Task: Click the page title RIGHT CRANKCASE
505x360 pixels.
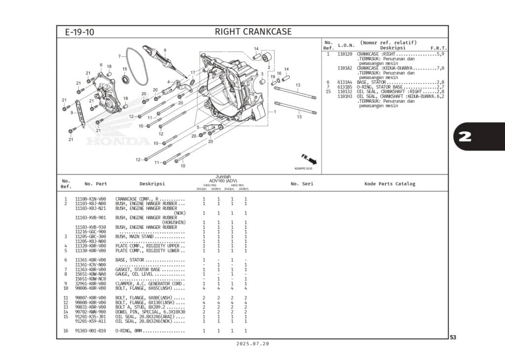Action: click(x=253, y=32)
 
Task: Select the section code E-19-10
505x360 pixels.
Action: click(x=79, y=33)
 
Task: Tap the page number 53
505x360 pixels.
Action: click(x=452, y=337)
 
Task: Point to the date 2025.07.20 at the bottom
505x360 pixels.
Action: click(x=252, y=344)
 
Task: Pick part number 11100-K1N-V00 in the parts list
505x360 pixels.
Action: click(x=90, y=199)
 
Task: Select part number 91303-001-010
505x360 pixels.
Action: click(x=90, y=330)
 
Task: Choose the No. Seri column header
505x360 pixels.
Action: click(x=302, y=184)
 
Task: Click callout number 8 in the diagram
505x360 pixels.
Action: click(x=165, y=50)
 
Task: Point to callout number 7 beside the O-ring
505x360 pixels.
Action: click(x=119, y=56)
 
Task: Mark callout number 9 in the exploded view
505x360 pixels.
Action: click(x=72, y=113)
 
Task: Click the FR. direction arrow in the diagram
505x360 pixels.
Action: click(x=309, y=159)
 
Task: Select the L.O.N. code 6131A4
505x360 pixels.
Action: click(x=345, y=82)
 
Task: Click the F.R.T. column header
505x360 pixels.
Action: click(x=438, y=48)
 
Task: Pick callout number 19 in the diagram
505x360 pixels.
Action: click(x=273, y=76)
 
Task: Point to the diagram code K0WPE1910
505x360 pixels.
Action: click(x=303, y=169)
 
